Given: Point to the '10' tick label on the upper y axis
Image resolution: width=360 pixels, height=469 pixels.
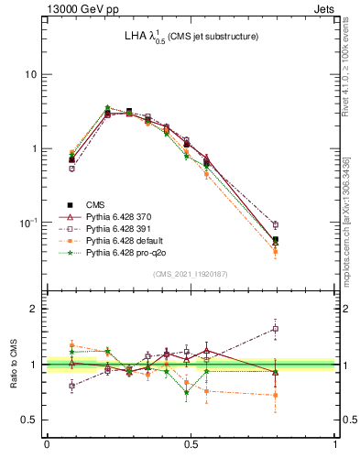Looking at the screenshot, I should [31, 74].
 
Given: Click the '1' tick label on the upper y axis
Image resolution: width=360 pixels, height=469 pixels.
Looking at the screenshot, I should [35, 148].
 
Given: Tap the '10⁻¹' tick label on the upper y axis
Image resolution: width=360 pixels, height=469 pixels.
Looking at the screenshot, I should [29, 223].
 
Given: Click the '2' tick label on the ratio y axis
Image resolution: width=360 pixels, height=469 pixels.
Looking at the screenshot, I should [35, 309].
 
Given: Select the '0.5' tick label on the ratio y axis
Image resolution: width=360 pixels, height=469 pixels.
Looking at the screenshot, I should [31, 420].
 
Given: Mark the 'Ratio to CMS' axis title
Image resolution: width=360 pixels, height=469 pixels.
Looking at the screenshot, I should [12, 364].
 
